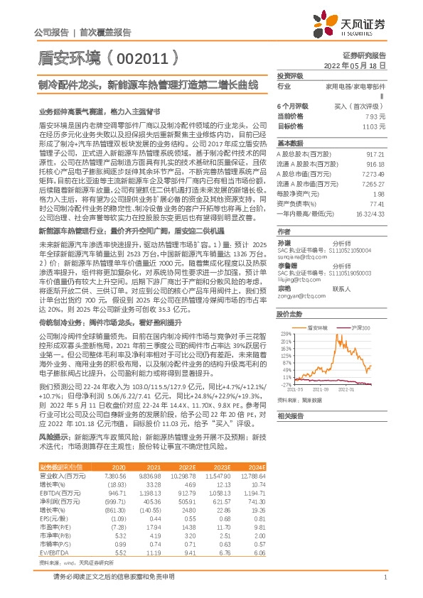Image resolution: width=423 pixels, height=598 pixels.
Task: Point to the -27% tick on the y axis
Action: (284, 384)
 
